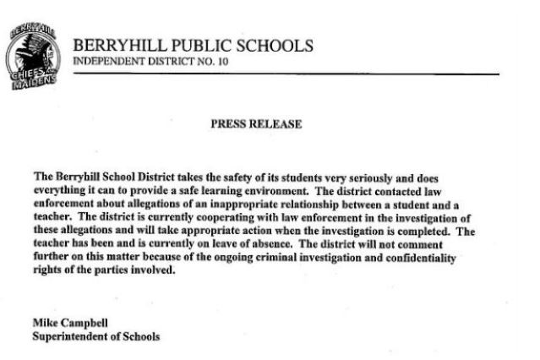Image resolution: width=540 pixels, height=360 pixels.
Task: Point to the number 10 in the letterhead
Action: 222,62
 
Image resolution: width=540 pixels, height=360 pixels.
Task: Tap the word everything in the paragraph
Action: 63,192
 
